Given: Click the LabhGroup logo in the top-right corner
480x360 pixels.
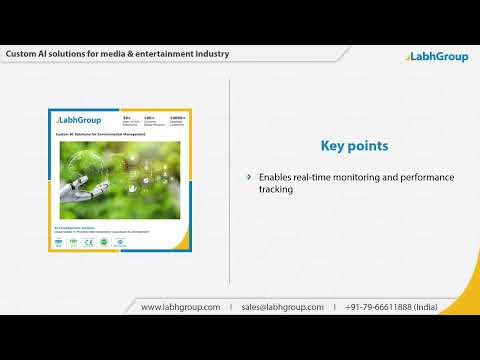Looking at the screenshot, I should click(437, 56).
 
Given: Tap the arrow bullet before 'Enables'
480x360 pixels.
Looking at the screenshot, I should click(249, 177).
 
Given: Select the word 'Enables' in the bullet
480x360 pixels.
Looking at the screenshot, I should click(275, 177).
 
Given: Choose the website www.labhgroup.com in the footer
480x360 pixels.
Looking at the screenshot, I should click(180, 307).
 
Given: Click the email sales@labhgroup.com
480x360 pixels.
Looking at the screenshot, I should click(283, 307).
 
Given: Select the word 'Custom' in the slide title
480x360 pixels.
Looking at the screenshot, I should click(22, 53).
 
